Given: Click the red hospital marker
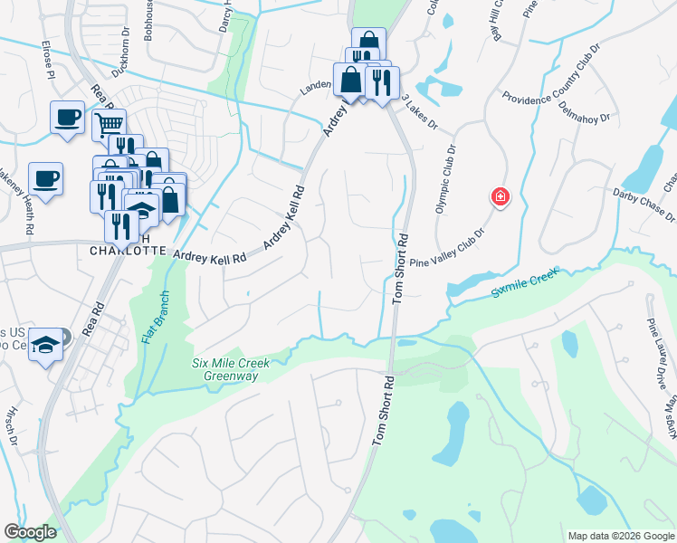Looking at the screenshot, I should coord(498,196).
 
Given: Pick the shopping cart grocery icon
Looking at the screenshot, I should coord(109,123).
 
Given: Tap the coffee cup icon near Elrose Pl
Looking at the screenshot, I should coord(66,117).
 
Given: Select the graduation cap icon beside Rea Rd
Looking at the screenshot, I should coord(45,345).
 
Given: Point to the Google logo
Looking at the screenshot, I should coord(30,532).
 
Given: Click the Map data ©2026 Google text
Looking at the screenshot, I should coord(621,536).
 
